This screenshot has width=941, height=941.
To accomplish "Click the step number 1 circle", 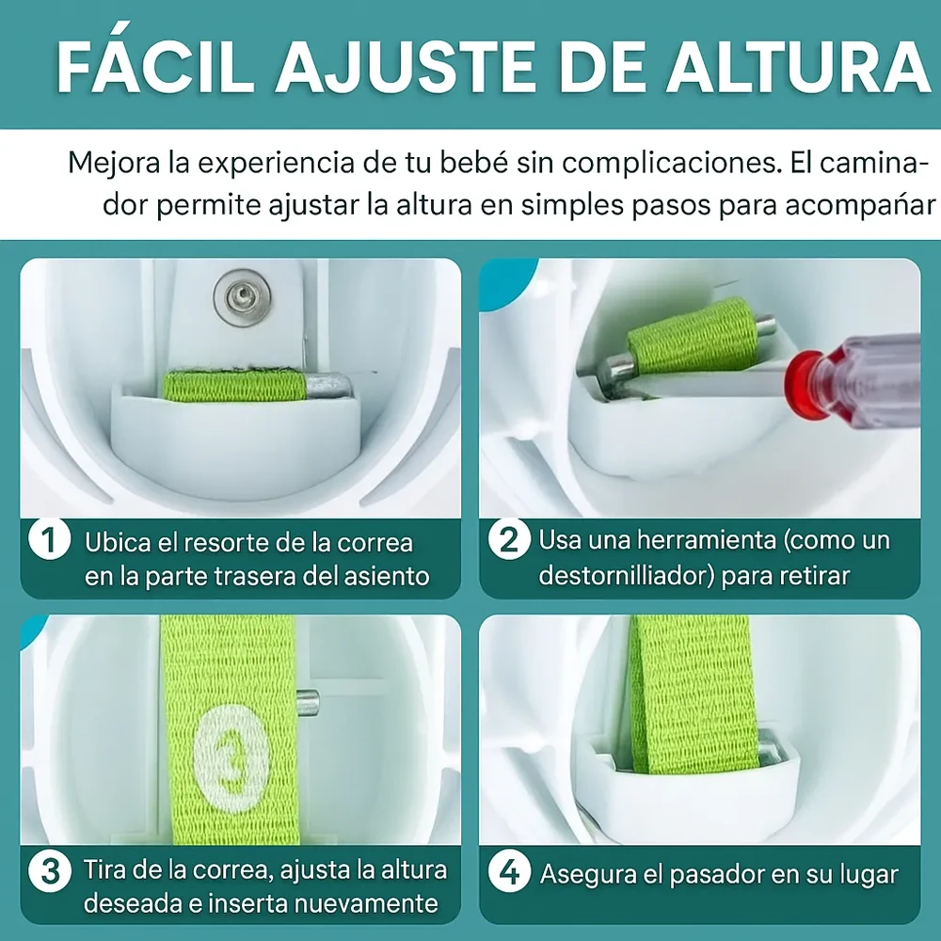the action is (50, 539).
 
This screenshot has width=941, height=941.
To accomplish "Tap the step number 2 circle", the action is (509, 539).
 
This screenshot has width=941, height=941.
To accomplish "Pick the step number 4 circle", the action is (509, 871).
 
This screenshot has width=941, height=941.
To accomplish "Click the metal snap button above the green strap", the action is (242, 297).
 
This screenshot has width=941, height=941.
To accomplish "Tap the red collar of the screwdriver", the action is (807, 385).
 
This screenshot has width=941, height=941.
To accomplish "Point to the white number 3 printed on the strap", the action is (231, 758).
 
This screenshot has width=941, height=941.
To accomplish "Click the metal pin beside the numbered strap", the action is (308, 703).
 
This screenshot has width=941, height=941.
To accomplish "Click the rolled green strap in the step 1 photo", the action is (234, 387).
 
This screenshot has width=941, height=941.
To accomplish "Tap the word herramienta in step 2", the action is (707, 539).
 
